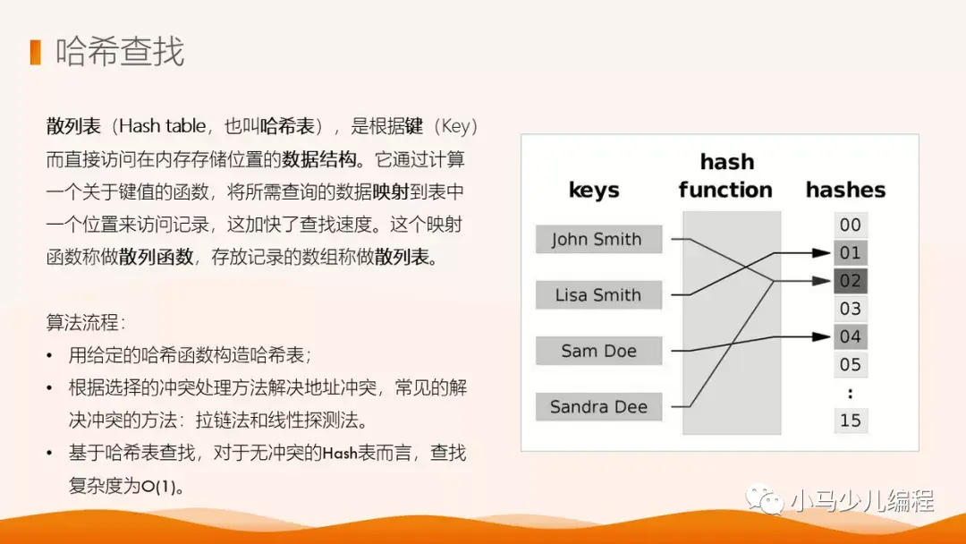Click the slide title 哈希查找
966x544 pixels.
(x=120, y=52)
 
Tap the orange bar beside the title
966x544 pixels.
(x=35, y=52)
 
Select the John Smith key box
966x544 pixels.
(x=598, y=240)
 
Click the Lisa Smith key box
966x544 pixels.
(x=598, y=295)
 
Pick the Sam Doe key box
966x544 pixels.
(x=598, y=351)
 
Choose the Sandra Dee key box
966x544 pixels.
(x=598, y=407)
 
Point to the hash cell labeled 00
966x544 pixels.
(x=851, y=225)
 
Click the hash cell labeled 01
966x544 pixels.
(x=851, y=253)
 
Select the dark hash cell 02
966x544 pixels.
(x=851, y=281)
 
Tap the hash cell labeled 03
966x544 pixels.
(x=851, y=309)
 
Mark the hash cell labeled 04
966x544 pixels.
(x=851, y=336)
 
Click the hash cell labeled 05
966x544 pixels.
(x=851, y=364)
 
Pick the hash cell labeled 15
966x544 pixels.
(x=851, y=420)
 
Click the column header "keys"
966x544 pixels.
(x=594, y=190)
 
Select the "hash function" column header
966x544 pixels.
(x=725, y=176)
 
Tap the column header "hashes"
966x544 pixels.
(x=845, y=190)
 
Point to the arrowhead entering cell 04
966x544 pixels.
(x=824, y=336)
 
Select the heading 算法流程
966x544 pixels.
(x=86, y=321)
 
